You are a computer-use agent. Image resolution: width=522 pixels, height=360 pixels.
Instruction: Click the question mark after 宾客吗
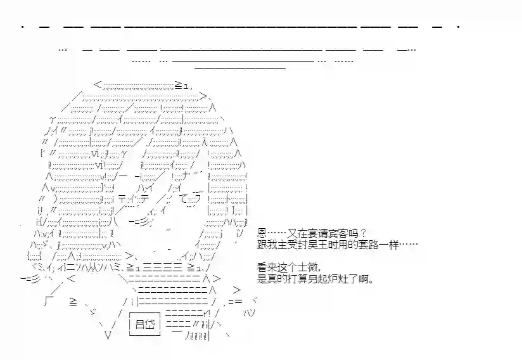coord(362,234)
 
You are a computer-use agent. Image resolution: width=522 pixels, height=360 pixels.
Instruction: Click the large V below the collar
coord(108,336)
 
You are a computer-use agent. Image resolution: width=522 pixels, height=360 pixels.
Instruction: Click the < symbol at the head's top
coord(97,84)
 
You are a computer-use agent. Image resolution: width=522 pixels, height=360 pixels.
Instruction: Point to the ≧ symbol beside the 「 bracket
coord(73,303)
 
